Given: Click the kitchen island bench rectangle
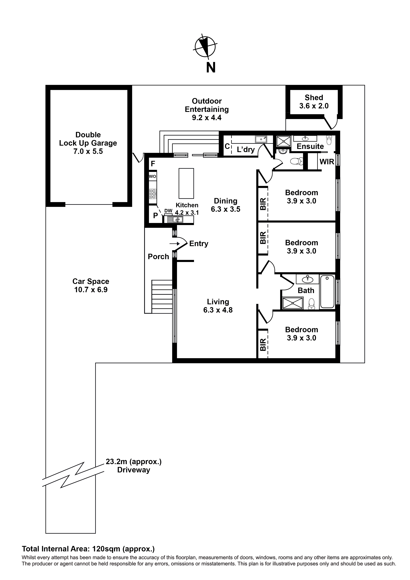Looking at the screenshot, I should coord(186,183).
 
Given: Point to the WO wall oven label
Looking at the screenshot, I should coord(152,176).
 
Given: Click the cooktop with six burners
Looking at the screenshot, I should coord(153,194).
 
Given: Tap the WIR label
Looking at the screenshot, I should coord(327,162).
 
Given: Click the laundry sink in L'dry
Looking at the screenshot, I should coord(261,139).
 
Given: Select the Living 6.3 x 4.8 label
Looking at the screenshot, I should coord(218,306).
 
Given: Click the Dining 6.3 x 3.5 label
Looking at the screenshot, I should coord(225,205).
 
